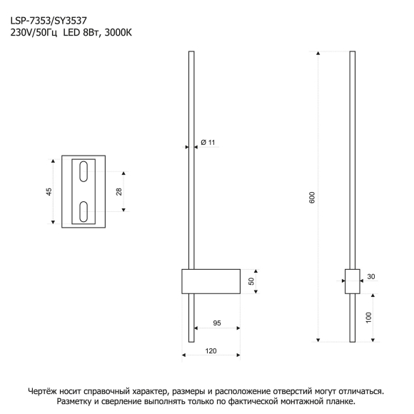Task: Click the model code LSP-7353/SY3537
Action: pyautogui.click(x=49, y=21)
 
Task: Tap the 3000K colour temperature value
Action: pyautogui.click(x=118, y=32)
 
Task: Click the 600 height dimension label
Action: pyautogui.click(x=312, y=197)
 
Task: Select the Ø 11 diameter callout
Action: pyautogui.click(x=208, y=142)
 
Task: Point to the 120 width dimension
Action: pyautogui.click(x=211, y=351)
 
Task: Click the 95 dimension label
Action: pyautogui.click(x=217, y=323)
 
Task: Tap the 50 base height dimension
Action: pyautogui.click(x=251, y=281)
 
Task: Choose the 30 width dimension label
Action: pyautogui.click(x=371, y=276)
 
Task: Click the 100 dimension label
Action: pyautogui.click(x=368, y=318)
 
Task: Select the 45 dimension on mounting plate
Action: pyautogui.click(x=49, y=192)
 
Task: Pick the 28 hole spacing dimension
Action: pyautogui.click(x=118, y=192)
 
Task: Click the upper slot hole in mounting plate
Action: pyautogui.click(x=84, y=171)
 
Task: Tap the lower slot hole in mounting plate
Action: pyautogui.click(x=84, y=212)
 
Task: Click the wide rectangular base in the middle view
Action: pyautogui.click(x=211, y=281)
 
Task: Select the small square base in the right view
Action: pyautogui.click(x=353, y=281)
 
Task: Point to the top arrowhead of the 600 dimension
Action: pyautogui.click(x=318, y=53)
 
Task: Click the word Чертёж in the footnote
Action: pyautogui.click(x=42, y=391)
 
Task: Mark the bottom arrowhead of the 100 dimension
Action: pyautogui.click(x=373, y=340)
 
